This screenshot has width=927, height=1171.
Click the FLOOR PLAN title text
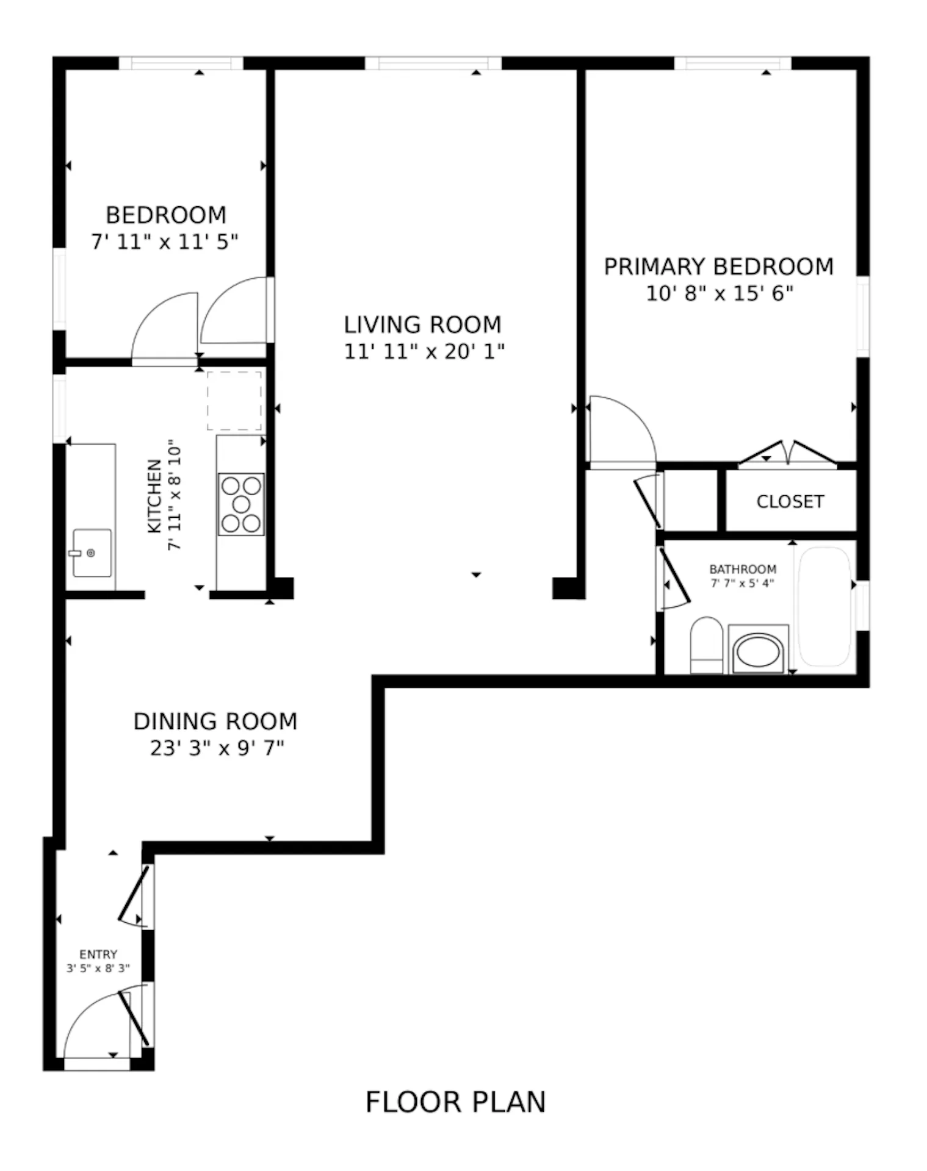click(x=455, y=1102)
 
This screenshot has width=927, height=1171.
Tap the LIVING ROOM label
click(x=422, y=324)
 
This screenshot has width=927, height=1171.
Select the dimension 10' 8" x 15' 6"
click(x=720, y=293)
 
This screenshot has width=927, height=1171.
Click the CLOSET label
click(x=790, y=501)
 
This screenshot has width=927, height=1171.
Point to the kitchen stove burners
click(x=241, y=504)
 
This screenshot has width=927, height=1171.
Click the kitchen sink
click(x=92, y=553)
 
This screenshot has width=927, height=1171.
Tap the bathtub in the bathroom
click(x=824, y=607)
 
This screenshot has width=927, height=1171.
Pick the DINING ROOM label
click(x=215, y=722)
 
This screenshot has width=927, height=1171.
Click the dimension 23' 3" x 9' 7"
click(x=217, y=748)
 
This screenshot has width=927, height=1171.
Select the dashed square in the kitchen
click(x=234, y=401)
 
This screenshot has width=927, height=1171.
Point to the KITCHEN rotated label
click(x=155, y=496)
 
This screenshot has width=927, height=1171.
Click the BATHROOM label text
click(x=743, y=569)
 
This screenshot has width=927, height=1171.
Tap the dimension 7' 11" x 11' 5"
click(x=165, y=242)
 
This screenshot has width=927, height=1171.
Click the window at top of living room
click(x=433, y=63)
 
